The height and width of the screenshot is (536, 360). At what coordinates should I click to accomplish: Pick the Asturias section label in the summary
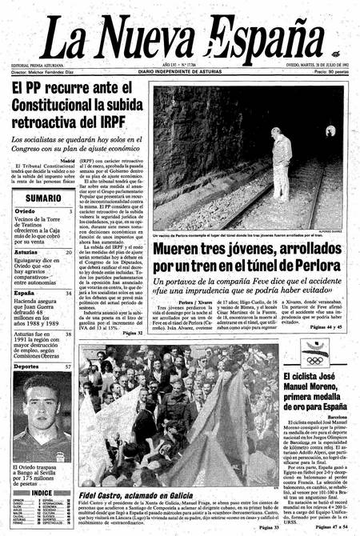tap(29, 251)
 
